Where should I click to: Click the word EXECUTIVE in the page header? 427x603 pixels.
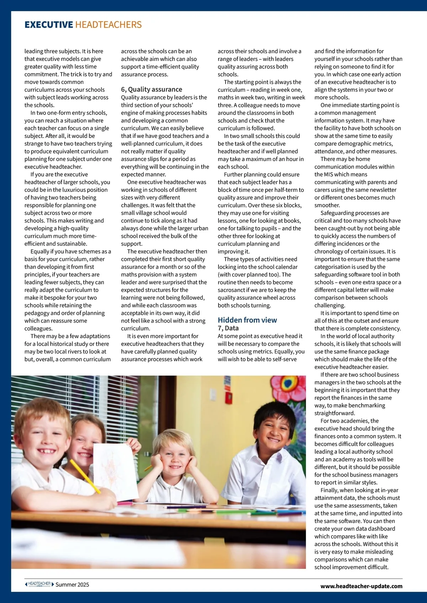(x=49, y=25)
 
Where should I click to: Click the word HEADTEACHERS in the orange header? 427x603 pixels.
(x=109, y=25)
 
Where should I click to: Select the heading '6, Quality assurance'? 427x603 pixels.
(x=152, y=89)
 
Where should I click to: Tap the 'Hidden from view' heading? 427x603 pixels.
(x=247, y=320)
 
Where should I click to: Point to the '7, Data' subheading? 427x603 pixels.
(x=228, y=328)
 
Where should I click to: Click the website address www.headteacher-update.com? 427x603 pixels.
(x=361, y=586)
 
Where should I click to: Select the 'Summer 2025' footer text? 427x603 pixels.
(x=72, y=585)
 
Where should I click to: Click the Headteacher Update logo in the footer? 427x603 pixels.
(x=39, y=584)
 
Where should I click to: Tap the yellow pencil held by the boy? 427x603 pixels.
(x=85, y=476)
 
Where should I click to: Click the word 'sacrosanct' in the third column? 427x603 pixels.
(x=232, y=290)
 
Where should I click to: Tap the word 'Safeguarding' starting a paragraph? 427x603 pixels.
(x=337, y=213)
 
